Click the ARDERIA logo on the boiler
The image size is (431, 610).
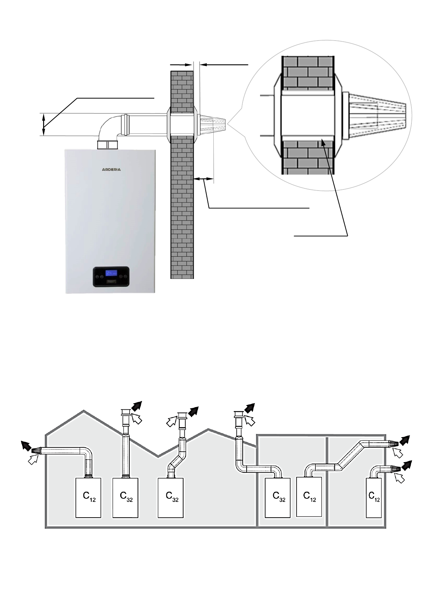[x=111, y=169]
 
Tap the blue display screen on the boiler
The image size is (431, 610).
[x=111, y=273]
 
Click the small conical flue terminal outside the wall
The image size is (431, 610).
[x=212, y=124]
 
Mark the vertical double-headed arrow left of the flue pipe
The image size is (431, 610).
[x=44, y=124]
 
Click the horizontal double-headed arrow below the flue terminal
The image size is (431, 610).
[x=204, y=179]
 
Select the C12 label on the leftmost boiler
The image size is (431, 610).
[x=89, y=496]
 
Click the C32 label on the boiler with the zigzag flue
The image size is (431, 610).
[x=172, y=496]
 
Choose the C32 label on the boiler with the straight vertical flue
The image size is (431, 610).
[x=126, y=496]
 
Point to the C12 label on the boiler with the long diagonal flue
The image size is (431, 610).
[x=309, y=496]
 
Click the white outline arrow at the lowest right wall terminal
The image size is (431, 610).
[x=399, y=478]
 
